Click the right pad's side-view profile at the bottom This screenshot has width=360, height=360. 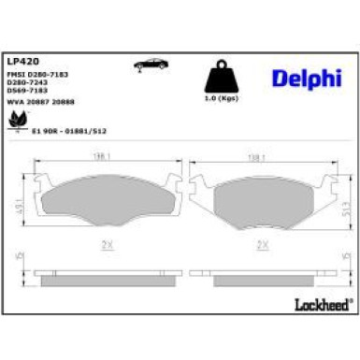coord(263,277)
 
